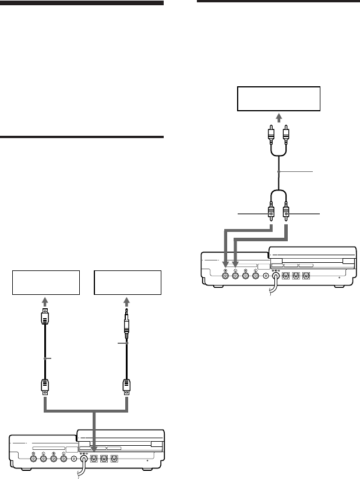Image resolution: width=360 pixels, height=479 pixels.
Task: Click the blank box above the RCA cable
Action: [x=278, y=98]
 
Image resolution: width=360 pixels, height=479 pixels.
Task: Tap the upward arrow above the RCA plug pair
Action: [x=278, y=118]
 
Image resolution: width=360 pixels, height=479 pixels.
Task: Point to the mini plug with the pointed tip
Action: [x=126, y=323]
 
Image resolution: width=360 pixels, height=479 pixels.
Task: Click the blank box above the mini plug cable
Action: [x=126, y=284]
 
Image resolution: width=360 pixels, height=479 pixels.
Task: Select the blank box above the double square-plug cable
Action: [x=46, y=284]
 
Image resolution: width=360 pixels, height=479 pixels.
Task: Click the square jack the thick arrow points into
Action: [x=94, y=457]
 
